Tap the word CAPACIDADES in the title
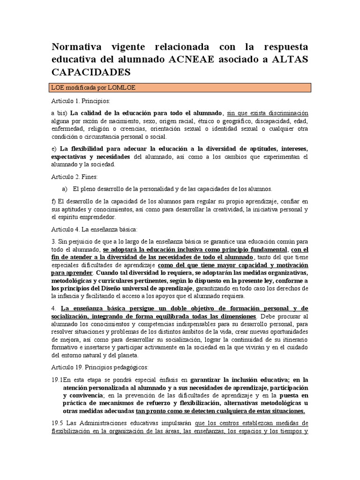[89, 73]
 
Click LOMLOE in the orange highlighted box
[122, 88]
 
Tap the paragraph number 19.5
[58, 423]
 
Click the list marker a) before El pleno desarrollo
[65, 189]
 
